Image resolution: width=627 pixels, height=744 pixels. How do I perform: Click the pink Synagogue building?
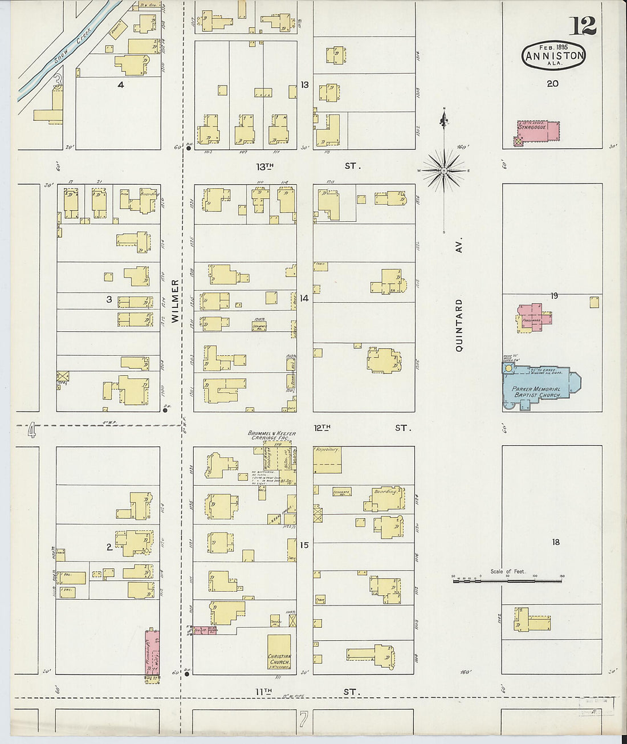click(x=538, y=132)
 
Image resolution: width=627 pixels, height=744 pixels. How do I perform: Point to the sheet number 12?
click(x=581, y=26)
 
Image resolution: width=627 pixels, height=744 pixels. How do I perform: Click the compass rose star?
click(x=444, y=170)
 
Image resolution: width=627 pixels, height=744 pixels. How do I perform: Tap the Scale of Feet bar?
click(x=507, y=580)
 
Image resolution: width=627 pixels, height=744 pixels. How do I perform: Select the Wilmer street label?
click(x=175, y=302)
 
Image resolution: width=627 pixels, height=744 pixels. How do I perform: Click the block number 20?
click(x=552, y=83)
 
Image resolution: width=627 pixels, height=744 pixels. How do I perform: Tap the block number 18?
click(x=555, y=542)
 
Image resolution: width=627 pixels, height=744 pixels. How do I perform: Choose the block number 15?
click(x=304, y=545)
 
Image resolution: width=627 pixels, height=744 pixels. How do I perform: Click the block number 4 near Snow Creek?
click(x=120, y=85)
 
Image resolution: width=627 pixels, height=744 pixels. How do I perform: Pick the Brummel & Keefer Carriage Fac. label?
click(x=272, y=436)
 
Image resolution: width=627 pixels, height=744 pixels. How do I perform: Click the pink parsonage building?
click(x=534, y=315)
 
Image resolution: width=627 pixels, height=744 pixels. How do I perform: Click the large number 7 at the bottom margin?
click(x=303, y=719)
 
